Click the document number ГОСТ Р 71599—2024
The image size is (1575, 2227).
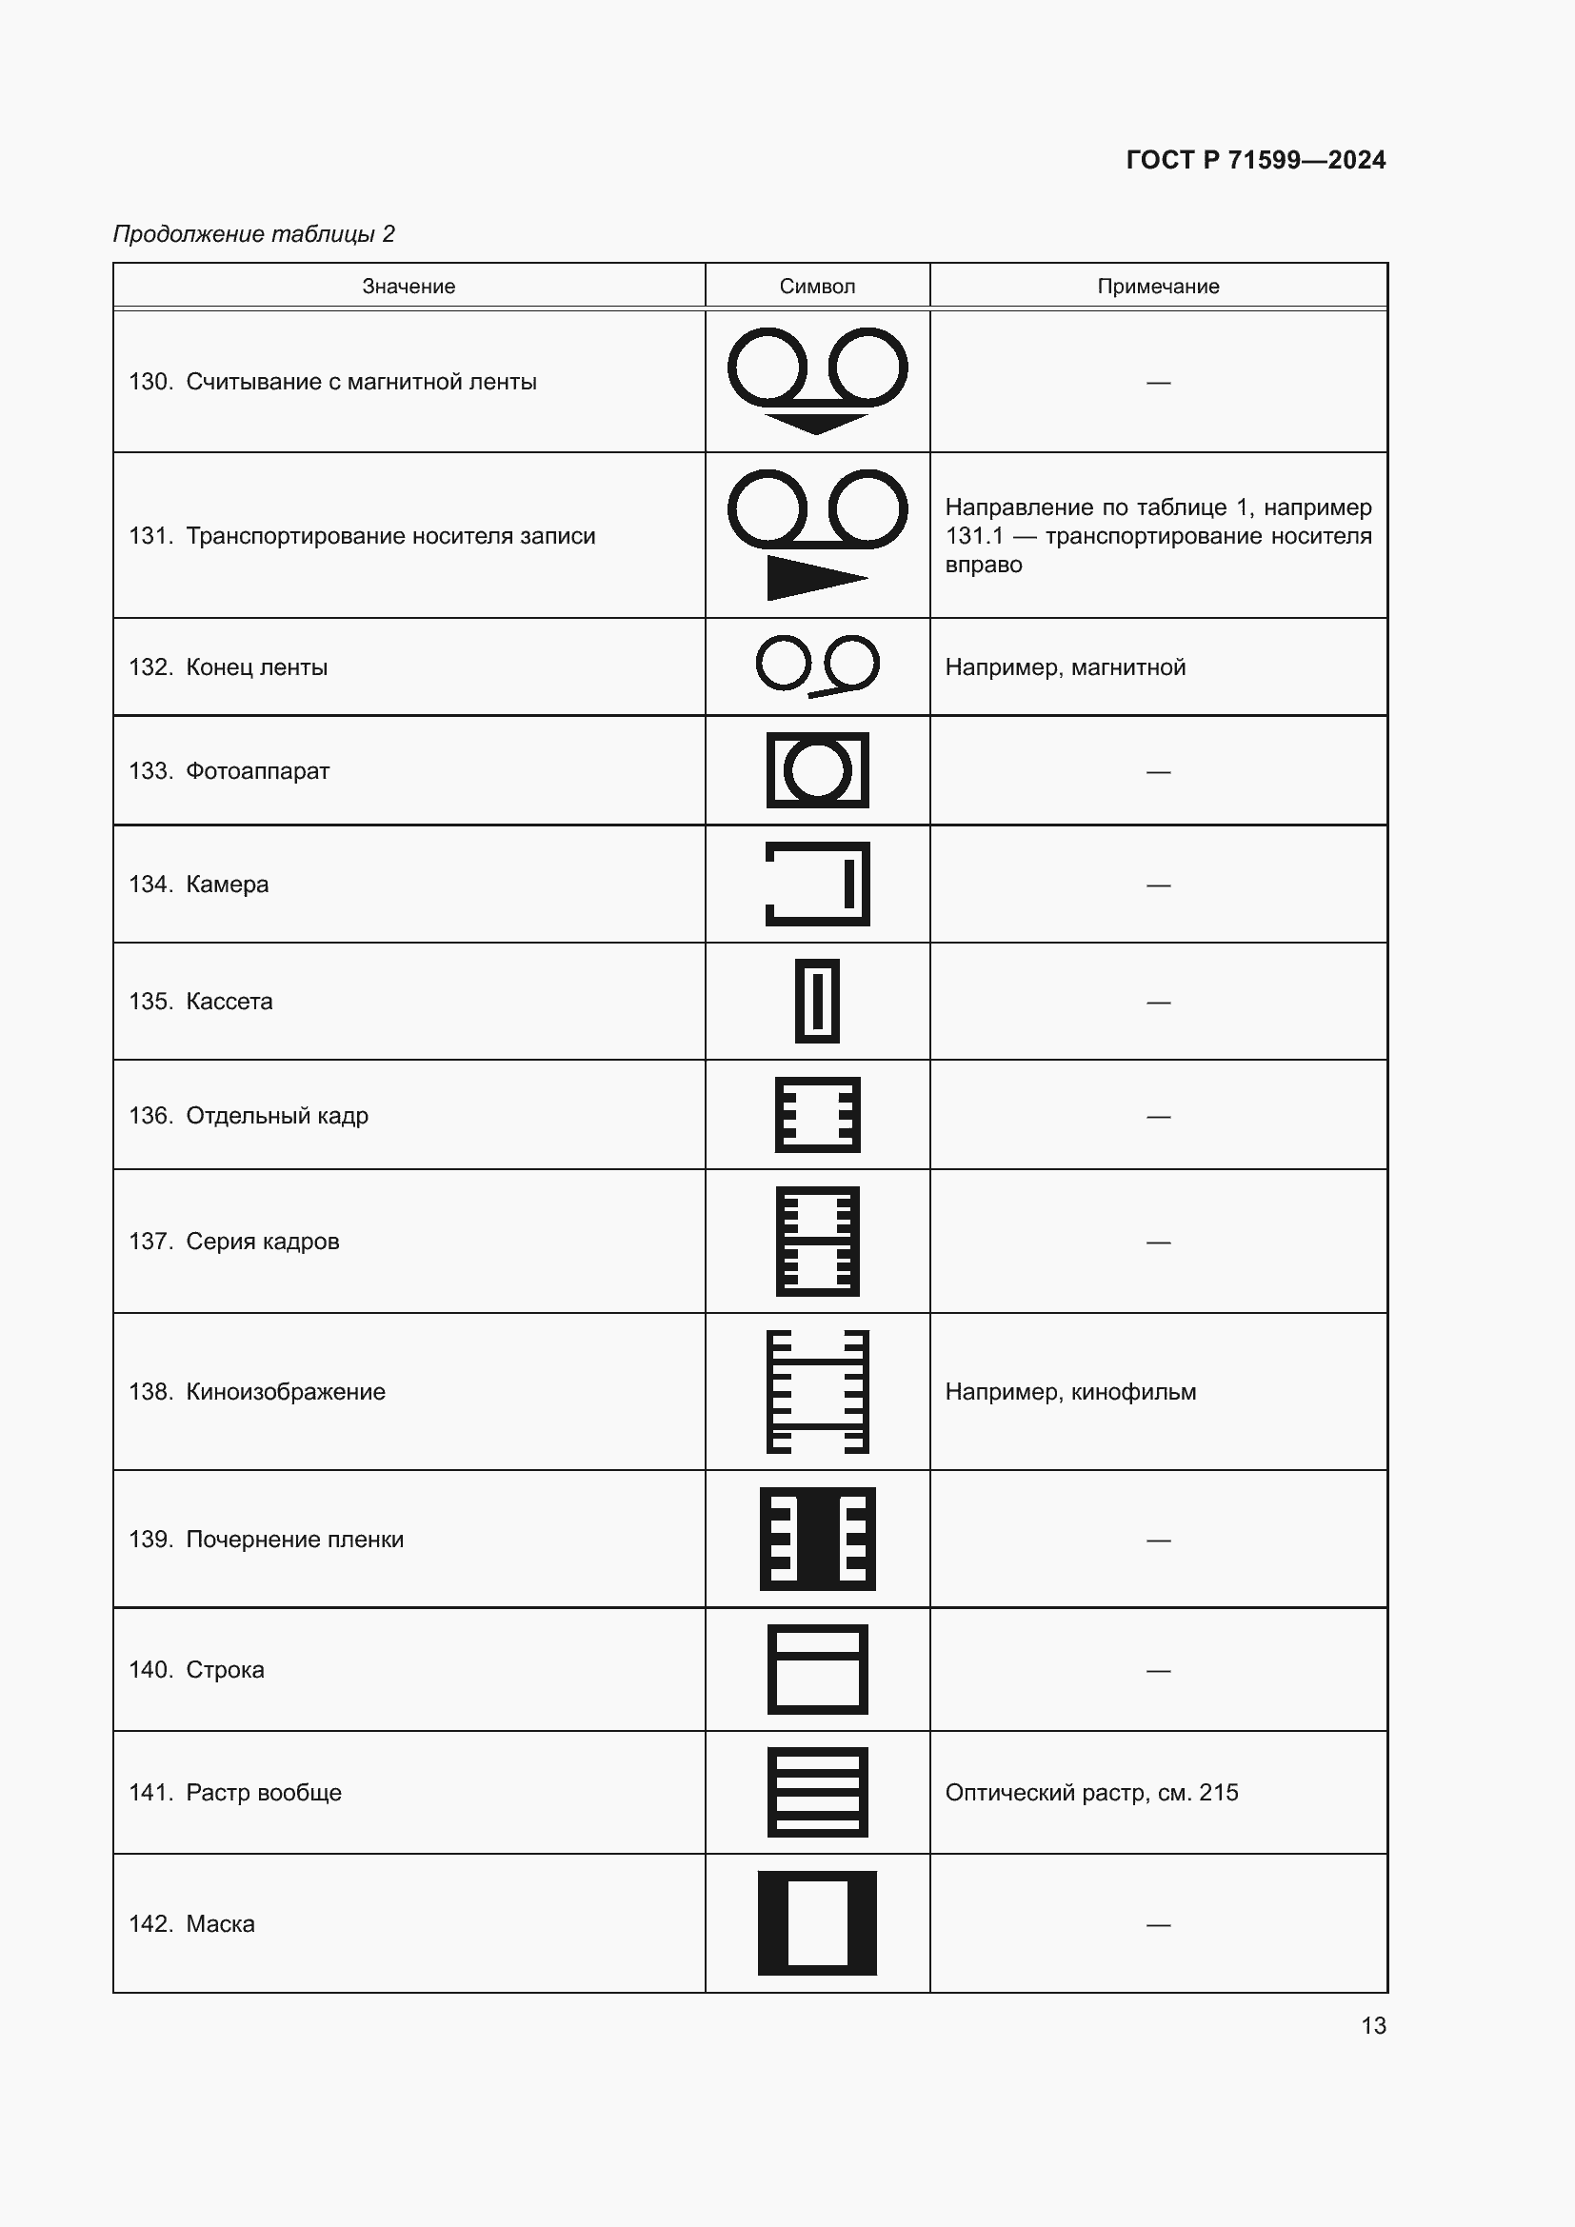(1255, 160)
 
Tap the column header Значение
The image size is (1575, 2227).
(409, 287)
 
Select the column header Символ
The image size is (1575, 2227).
(817, 287)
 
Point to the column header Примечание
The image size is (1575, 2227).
(1158, 287)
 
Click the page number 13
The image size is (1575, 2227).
(1373, 2025)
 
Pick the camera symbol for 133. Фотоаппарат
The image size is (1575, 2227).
(817, 770)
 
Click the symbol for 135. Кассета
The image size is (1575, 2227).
(817, 1001)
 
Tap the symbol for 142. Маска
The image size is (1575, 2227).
(817, 1922)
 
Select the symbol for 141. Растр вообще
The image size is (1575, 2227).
(817, 1792)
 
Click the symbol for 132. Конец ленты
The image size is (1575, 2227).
(817, 666)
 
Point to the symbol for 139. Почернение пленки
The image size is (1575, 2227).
(817, 1539)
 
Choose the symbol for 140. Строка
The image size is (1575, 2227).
(817, 1669)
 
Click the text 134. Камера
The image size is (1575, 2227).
(199, 884)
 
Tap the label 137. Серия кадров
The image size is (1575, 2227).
(233, 1242)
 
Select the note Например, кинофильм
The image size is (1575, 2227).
(1070, 1392)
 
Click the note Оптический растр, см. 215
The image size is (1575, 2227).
(1091, 1793)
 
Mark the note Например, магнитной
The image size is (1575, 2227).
(1065, 667)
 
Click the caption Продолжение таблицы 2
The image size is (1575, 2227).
(254, 234)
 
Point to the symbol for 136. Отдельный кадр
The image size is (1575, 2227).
(817, 1115)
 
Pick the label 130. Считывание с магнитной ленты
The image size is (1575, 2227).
(332, 382)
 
